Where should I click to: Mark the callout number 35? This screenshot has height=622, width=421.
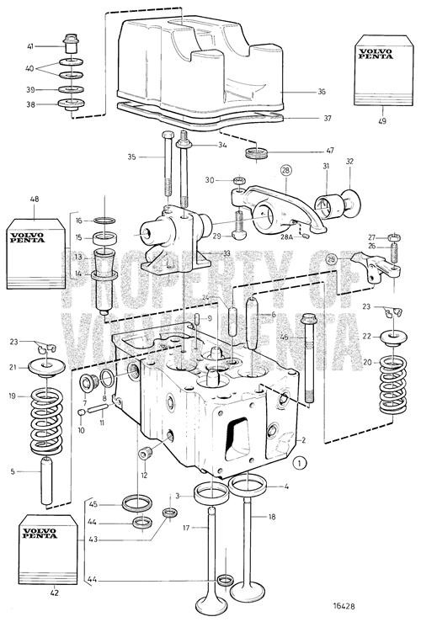(155, 157)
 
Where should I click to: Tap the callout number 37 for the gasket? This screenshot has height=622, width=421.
(327, 119)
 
